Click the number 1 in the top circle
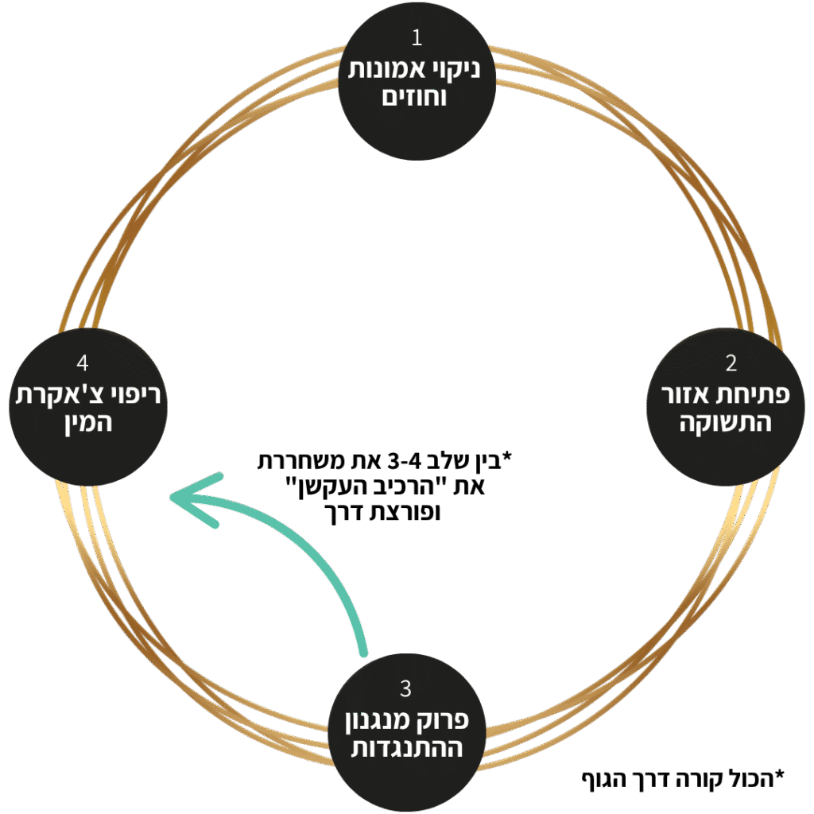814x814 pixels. coord(417,38)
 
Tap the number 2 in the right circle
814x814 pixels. coord(731,363)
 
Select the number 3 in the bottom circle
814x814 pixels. coord(406,688)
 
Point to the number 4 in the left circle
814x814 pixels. coord(83,363)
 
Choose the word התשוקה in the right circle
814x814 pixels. coord(731,422)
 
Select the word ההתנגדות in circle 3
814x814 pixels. coord(406,748)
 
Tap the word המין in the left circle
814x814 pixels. coord(83,422)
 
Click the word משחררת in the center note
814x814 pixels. coord(308,461)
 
